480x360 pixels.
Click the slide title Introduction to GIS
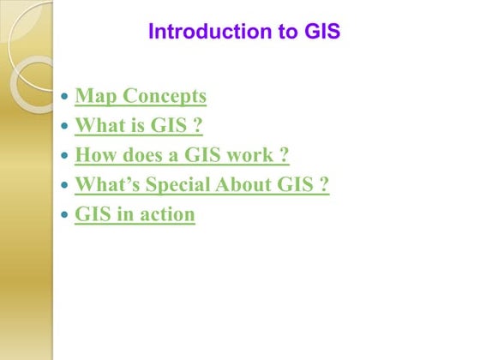(244, 32)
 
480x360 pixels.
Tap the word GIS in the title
(322, 32)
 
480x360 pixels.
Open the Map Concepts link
(141, 97)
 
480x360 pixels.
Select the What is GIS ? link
(139, 126)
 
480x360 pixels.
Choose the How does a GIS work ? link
(182, 155)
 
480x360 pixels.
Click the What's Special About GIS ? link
(201, 184)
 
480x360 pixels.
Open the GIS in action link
(135, 213)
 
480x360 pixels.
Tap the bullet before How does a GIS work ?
(66, 157)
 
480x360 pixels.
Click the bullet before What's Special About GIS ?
(66, 186)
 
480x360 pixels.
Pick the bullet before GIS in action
(66, 215)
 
